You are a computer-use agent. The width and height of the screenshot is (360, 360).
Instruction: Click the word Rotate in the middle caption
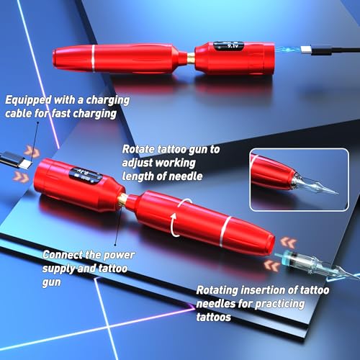[140, 148]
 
